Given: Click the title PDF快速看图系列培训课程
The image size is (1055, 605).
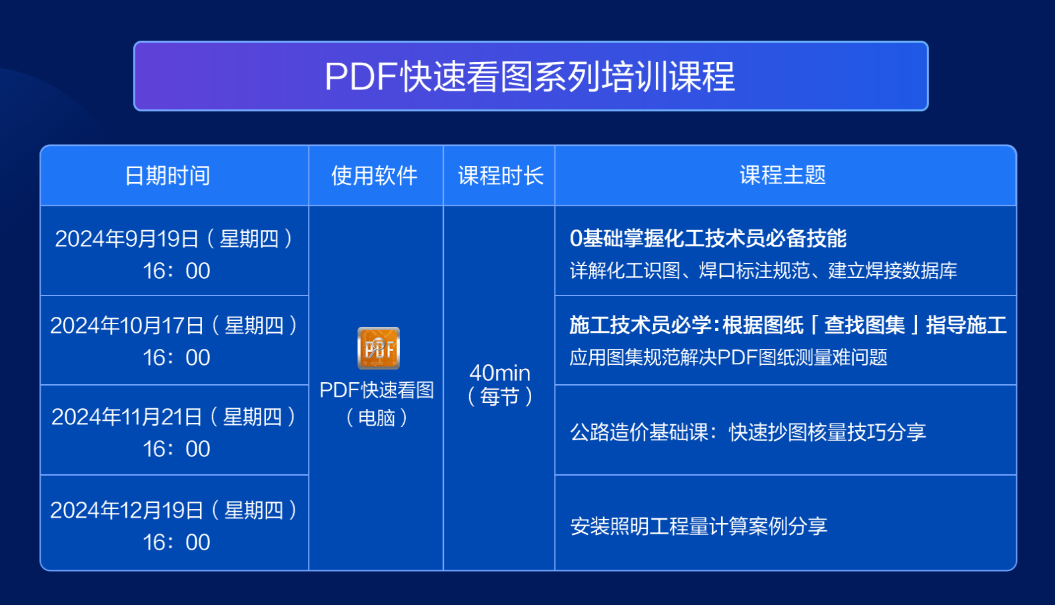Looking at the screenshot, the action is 530,77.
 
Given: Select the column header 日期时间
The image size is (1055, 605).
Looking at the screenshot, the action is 168,175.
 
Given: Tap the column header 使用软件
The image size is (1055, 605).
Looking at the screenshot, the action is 375,175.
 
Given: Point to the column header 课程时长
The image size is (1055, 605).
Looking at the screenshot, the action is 501,175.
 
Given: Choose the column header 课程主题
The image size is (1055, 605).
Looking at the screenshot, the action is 783,175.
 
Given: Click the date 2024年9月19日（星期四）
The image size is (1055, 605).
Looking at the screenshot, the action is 174,239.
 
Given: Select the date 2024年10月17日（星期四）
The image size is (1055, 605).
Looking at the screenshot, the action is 174,326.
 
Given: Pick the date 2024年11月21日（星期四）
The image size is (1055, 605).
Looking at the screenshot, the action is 174,417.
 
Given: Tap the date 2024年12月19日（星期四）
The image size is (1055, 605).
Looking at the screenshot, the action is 174,510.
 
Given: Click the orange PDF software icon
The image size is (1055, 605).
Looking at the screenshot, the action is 378,348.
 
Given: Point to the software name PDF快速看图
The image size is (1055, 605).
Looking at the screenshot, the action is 377,390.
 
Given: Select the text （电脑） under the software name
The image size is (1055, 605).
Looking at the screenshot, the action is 377,418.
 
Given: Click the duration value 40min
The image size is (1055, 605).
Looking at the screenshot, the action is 500,373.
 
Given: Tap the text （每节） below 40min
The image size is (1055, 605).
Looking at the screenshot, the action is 500,397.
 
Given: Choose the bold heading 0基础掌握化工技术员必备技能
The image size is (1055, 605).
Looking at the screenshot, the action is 708,239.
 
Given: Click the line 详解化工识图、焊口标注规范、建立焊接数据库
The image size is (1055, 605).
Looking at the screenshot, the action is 764,271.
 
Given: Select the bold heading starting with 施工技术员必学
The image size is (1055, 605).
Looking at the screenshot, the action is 788,326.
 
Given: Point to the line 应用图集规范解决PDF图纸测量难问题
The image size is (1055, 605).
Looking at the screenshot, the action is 728,358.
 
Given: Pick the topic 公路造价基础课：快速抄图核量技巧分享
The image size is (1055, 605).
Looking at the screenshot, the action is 748,432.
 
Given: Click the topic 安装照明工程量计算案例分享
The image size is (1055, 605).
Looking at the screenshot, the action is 698,526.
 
